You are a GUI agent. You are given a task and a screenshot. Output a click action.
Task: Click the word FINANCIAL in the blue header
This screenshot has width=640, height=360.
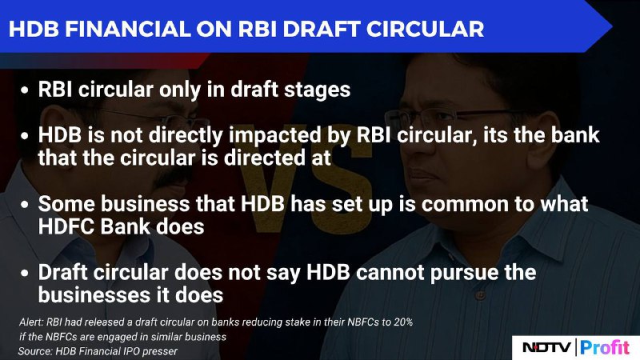click(127, 29)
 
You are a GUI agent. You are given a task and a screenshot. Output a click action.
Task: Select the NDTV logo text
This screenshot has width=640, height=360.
click(546, 347)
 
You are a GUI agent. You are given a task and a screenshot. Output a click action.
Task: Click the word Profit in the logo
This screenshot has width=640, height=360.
click(605, 347)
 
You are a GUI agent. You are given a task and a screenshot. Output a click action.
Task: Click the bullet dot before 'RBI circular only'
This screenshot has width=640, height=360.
click(25, 90)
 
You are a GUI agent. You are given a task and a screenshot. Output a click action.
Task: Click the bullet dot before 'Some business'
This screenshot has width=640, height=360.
click(25, 205)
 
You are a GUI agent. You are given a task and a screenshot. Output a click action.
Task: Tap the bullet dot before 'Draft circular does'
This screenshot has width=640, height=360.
click(25, 273)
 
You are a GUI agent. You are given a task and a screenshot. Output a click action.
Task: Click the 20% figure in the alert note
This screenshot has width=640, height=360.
click(403, 322)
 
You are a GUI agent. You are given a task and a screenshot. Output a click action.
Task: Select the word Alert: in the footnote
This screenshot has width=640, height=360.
click(31, 322)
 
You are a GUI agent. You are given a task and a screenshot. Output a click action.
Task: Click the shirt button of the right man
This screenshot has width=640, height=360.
click(480, 294)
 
